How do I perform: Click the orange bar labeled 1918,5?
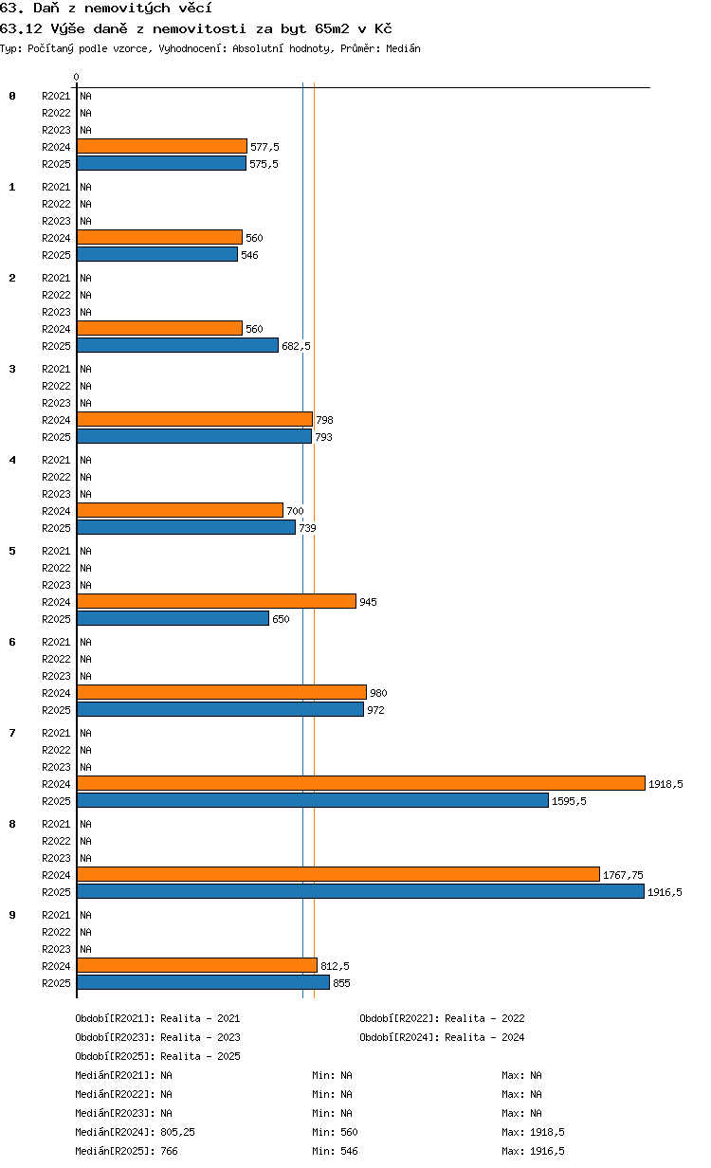(x=361, y=783)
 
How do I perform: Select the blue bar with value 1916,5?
(x=360, y=891)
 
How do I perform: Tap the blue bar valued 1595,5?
(x=313, y=800)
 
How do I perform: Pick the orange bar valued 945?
(x=216, y=601)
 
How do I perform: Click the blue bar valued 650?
(x=173, y=618)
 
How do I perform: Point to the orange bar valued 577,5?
(x=162, y=146)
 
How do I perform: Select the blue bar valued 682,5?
(x=178, y=345)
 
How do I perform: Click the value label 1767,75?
(x=623, y=875)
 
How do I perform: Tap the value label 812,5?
(x=335, y=966)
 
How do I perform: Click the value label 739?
(x=307, y=528)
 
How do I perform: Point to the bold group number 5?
(x=12, y=551)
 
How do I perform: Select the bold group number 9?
(x=12, y=915)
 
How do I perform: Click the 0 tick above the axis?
(x=76, y=77)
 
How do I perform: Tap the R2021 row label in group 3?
(x=56, y=369)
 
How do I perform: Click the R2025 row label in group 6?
(x=56, y=710)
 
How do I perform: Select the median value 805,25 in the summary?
(x=178, y=1132)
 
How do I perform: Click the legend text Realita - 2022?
(x=484, y=1018)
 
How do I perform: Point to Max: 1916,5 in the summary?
(x=533, y=1151)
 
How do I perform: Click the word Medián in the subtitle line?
(x=403, y=48)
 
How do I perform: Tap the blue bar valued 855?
(x=203, y=982)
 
